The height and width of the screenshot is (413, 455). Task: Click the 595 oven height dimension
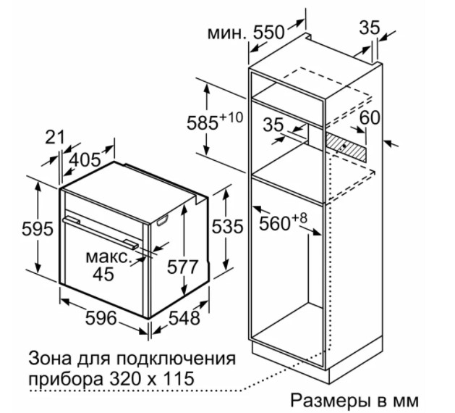38,228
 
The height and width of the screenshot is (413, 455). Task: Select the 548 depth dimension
184,317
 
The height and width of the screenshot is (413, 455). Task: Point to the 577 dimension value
182,267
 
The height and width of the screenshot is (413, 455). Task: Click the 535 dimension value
227,227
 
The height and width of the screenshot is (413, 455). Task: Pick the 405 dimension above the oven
85,159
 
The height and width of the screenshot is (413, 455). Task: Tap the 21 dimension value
54,137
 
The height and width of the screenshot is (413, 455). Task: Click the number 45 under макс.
103,274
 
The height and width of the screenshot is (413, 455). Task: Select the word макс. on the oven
107,257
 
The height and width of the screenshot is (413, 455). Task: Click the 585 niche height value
203,122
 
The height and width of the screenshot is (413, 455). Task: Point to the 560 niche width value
274,223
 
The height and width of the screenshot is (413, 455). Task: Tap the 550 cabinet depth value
268,33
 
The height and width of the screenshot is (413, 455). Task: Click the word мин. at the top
227,33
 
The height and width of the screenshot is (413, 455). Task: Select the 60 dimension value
370,117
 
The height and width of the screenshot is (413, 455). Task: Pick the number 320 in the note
134,378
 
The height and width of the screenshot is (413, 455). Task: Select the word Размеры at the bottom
331,401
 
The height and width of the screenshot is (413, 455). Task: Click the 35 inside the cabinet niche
273,125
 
